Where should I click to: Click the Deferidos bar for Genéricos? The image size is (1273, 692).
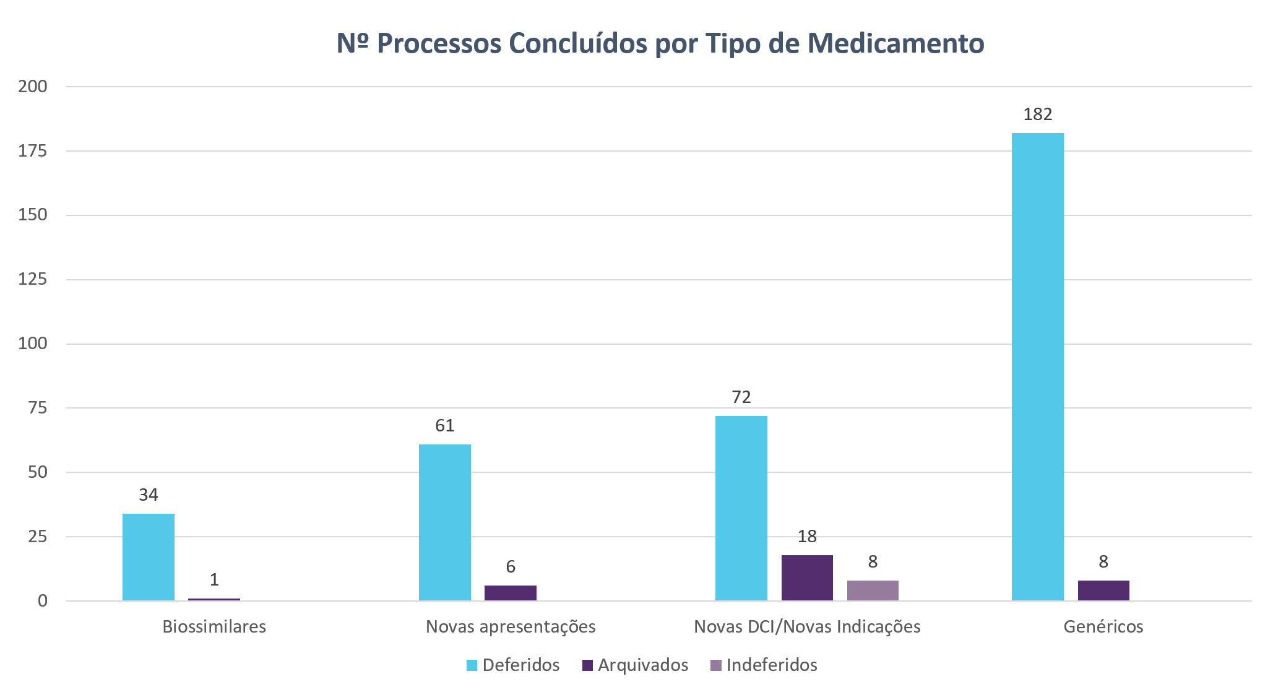coord(1037,366)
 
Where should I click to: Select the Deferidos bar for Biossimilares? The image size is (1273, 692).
coord(149,557)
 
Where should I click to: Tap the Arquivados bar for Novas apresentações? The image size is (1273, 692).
coord(511,593)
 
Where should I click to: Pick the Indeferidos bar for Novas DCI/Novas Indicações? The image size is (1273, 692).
coord(873,590)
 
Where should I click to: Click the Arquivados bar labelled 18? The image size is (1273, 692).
coord(807,578)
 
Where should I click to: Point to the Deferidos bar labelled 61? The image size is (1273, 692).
coord(445,522)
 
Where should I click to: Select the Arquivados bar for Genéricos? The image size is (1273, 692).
coord(1103,590)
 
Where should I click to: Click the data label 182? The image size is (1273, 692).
coord(1038,115)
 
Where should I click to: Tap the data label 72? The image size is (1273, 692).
coord(741,397)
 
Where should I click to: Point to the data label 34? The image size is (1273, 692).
coord(149,495)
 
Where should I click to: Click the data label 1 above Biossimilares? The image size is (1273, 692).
coord(214,580)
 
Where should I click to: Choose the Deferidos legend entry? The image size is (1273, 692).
coord(513,665)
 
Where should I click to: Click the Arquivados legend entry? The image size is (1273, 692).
coord(636,665)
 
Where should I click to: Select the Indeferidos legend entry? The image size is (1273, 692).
coord(764,665)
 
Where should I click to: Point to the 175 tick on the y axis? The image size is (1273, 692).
coord(33,151)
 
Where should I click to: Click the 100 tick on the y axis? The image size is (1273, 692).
coord(33,344)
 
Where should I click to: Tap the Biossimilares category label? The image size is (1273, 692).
coord(214,627)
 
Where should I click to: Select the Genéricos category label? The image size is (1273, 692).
coord(1103,627)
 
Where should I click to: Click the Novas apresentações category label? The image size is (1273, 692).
coord(511,627)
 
